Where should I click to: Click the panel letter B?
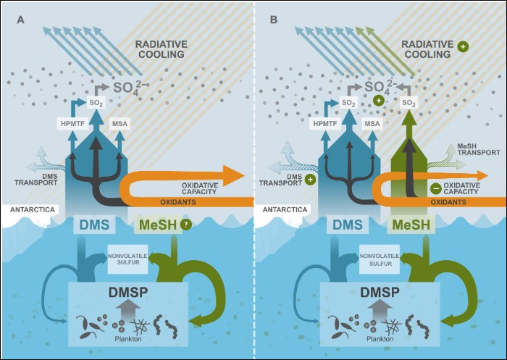click(x=274, y=20)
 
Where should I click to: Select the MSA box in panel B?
click(x=372, y=124)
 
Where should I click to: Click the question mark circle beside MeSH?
click(x=186, y=226)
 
